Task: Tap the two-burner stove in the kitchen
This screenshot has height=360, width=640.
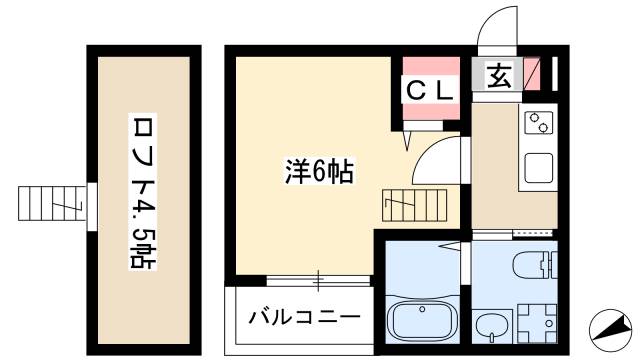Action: click(x=539, y=124)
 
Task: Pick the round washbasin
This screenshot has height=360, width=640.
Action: click(x=490, y=326)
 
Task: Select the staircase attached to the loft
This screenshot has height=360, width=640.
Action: click(x=56, y=204)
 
